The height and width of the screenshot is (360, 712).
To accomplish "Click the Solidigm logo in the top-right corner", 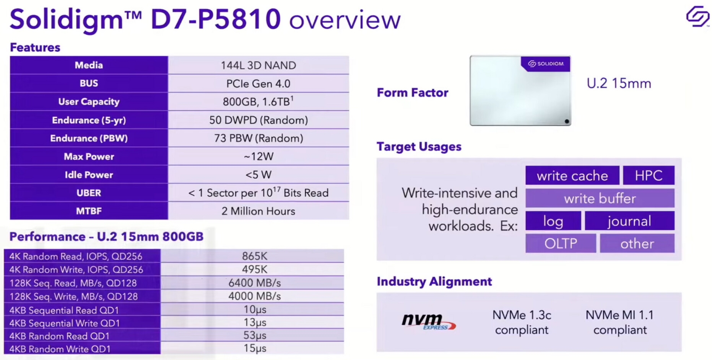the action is coord(697,16).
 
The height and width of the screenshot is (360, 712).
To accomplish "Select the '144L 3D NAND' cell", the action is coord(258,65).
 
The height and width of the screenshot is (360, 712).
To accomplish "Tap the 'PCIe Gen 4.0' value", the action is coord(258,84).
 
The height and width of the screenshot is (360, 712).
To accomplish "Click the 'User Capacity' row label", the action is coord(89,102).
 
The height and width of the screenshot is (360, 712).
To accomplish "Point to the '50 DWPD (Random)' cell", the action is coord(258,120).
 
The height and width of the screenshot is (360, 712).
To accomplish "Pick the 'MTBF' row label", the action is coord(89,211).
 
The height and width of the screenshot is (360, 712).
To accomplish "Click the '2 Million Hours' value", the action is coord(258,211).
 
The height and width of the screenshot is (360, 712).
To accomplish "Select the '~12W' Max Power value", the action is coord(258,156).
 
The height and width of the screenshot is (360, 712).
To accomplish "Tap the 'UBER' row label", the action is coord(89,193).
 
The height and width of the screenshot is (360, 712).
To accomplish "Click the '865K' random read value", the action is coord(255,256).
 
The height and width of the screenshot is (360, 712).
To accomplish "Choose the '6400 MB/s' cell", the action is coord(255,283).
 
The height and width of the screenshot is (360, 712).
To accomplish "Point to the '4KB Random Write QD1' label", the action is coord(60,349).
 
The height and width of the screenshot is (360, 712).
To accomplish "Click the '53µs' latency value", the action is coord(255,336).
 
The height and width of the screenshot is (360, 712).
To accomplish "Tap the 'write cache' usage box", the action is coord(572,176).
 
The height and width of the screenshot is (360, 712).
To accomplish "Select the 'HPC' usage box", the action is coord(649,176).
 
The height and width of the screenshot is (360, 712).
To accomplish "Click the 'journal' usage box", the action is coord(629,221).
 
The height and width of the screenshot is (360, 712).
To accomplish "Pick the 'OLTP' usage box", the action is coord(561,243).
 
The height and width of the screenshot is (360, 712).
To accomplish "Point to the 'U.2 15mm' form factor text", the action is coord(619,83).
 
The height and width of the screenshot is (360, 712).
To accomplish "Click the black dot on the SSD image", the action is coord(567,121).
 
